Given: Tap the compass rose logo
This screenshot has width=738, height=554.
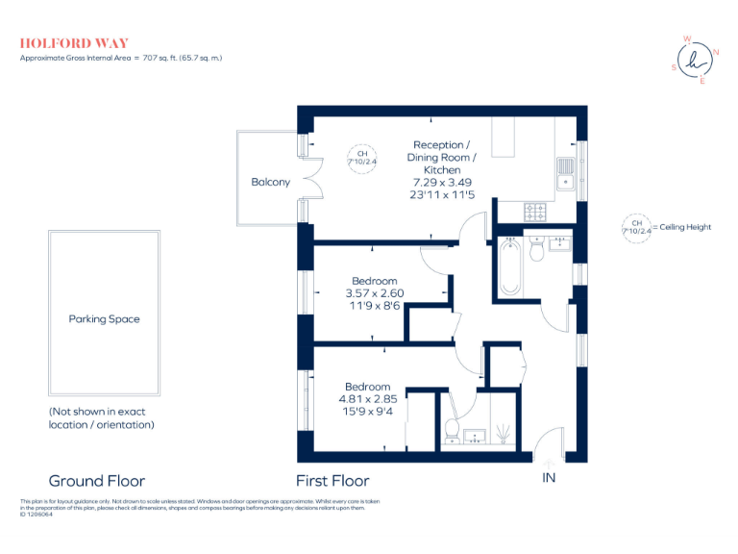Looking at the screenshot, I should click(700, 60).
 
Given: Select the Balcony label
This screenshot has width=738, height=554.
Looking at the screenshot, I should click(270, 182).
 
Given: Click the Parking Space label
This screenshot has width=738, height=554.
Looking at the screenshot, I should click(104, 319).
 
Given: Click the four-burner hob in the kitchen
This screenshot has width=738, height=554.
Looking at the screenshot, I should click(535, 209).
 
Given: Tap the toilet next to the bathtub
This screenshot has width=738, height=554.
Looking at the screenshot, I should click(537, 250).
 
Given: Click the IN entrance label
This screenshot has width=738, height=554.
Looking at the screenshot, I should click(549, 478).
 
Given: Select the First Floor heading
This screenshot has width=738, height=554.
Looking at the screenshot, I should click(332, 481).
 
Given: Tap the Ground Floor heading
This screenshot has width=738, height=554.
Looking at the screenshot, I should click(96, 481).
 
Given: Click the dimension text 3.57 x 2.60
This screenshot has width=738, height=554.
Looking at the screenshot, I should click(374, 293).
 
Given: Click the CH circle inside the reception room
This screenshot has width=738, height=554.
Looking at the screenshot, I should click(361, 159).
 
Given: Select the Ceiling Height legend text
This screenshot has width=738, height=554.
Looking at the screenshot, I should click(684, 228).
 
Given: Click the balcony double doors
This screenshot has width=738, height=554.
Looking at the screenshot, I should click(309, 180).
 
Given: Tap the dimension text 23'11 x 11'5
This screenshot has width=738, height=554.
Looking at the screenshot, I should click(443, 194).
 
